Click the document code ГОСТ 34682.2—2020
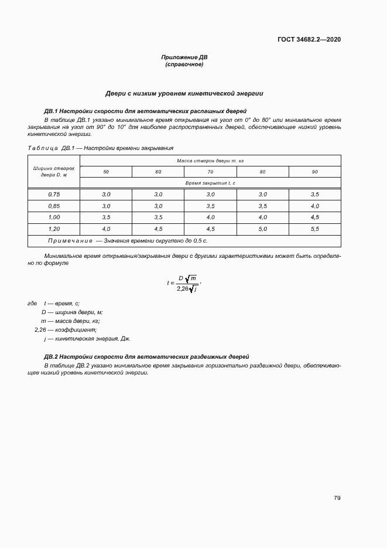point(309,39)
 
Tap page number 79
point(337,498)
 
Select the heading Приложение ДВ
point(184,57)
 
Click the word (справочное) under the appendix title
point(184,64)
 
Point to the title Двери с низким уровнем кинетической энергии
point(184,93)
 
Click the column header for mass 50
point(106,172)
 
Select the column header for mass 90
point(314,172)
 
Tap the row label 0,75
point(54,194)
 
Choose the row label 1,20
point(54,229)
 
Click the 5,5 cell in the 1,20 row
point(314,229)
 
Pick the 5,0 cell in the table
point(262,229)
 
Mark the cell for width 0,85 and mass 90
point(314,206)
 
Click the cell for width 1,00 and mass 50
point(106,217)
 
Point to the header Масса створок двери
point(210,160)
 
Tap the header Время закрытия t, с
point(210,183)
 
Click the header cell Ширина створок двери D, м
point(54,171)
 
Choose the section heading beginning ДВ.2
point(147,356)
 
